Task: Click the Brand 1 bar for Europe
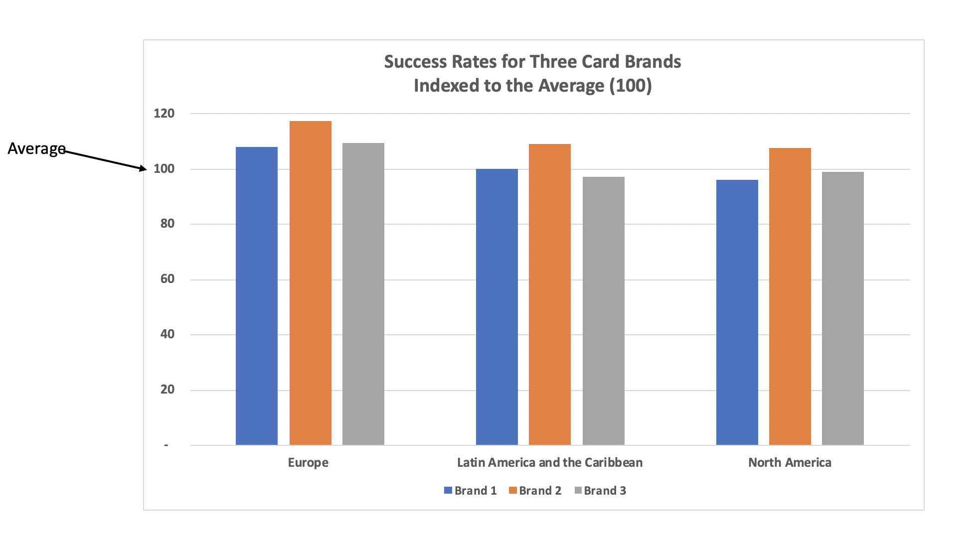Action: [256, 296]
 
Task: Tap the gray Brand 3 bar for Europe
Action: [363, 294]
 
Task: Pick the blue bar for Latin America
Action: [496, 307]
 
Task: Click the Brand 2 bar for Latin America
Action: [549, 294]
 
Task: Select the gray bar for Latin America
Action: [603, 311]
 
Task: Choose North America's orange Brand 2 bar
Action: [790, 296]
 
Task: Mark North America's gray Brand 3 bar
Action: [842, 308]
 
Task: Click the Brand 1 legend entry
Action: [471, 491]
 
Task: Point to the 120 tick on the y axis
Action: [164, 114]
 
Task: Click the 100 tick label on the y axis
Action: [164, 169]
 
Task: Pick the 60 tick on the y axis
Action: [167, 279]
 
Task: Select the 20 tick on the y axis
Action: [167, 390]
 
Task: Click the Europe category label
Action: [308, 463]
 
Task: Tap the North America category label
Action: [790, 463]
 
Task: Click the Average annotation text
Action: [36, 148]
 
